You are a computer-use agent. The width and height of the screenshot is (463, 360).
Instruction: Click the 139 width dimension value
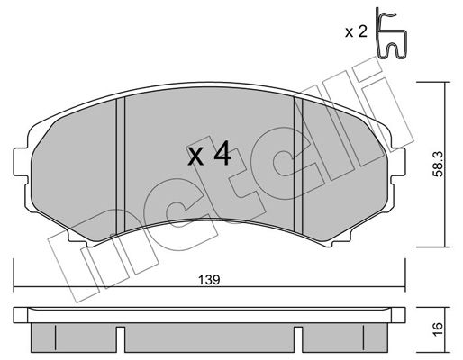coord(208,280)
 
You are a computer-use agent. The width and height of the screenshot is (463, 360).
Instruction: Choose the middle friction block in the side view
coord(209,337)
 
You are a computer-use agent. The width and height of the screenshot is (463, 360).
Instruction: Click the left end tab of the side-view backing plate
coord(22,315)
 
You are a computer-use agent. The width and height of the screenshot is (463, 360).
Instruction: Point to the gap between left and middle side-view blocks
coord(121,339)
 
